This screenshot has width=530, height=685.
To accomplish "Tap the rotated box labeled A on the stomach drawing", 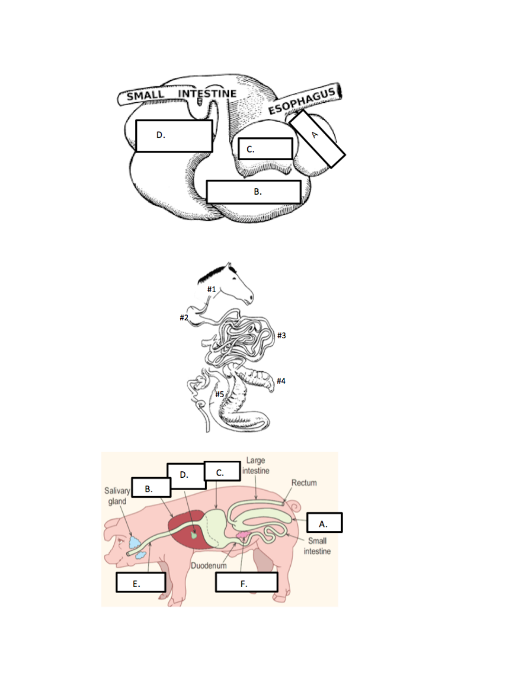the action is coord(317,139).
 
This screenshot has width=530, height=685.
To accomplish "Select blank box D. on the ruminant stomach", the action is coord(174,136).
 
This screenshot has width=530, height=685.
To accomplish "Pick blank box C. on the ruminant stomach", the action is coord(265,148).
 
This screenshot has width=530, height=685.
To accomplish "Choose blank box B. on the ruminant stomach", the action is coord(253,192).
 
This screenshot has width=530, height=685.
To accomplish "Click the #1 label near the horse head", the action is coord(211,289).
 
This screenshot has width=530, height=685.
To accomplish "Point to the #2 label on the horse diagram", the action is coord(184,318).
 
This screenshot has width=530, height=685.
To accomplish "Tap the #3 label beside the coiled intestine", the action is coord(281,335).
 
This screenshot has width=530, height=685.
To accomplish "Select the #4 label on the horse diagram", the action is coord(280,381).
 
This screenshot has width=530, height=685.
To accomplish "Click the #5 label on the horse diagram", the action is coord(219,394).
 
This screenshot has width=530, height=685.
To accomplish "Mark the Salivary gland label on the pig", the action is coord(117,496).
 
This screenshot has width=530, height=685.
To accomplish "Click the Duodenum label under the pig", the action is coord(208,565).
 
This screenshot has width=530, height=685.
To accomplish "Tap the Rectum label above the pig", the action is coord(304,483).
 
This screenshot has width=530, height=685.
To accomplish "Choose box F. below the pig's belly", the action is coord(246,582).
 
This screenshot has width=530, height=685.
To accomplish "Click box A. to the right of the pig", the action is coord(324,523).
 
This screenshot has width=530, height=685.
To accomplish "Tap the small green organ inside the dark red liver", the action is coord(194,535).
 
